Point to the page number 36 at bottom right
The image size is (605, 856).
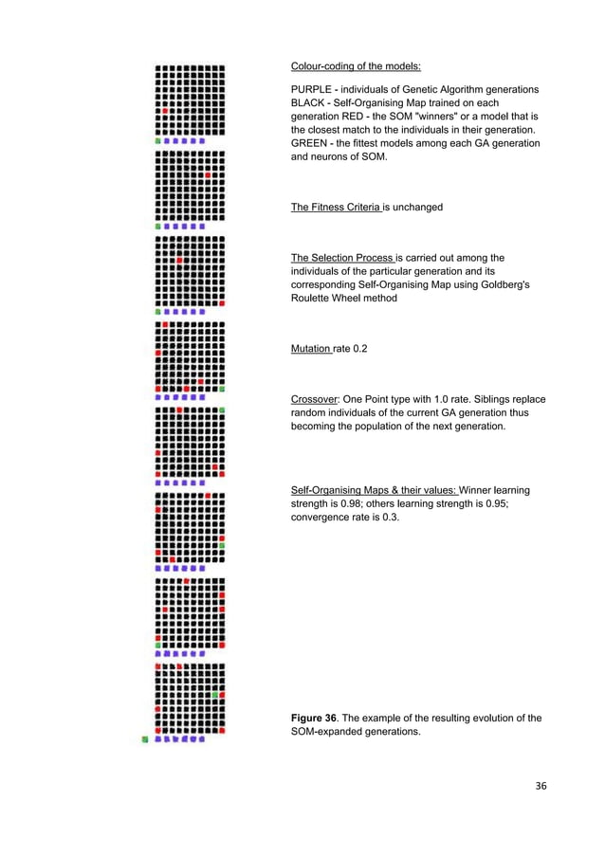tap(541, 784)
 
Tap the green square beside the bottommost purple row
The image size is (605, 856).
tap(145, 738)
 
